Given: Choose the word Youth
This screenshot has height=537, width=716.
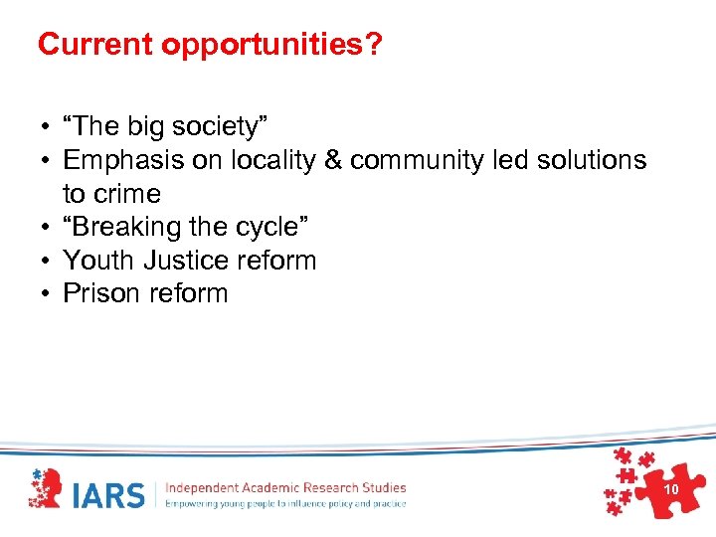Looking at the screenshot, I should pos(99,261).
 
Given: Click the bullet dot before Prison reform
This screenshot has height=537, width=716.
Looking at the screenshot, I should pos(46,294).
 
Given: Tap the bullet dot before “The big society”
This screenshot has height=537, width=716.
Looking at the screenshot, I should pos(46,127).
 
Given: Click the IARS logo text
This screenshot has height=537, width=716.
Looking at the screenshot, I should pos(110,494).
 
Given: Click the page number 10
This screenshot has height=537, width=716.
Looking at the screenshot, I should pos(670,490).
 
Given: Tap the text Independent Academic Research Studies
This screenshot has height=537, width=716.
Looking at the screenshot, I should pos(285,487).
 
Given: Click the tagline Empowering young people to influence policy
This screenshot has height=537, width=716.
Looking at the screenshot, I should pos(285,503).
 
